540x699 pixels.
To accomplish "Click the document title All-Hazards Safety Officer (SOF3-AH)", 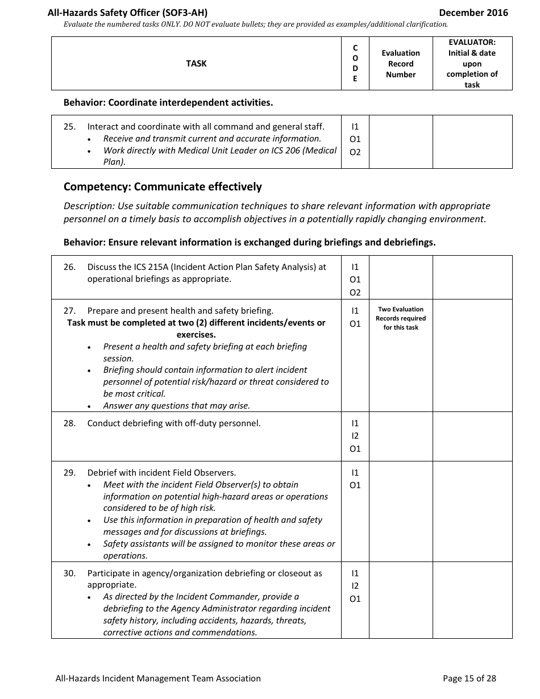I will click(131, 13).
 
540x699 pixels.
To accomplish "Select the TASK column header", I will click(196, 64).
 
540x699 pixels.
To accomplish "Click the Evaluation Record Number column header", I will click(401, 64).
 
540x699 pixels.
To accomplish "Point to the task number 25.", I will click(69, 127).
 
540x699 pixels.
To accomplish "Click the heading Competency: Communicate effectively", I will click(163, 187).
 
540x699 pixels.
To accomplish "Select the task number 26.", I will click(69, 267).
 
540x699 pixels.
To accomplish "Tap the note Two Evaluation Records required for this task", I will click(401, 319).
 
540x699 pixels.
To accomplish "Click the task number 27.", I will click(69, 311).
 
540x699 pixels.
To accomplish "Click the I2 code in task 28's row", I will click(355, 436).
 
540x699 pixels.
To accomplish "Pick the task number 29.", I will click(69, 473).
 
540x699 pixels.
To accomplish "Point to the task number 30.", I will click(69, 573).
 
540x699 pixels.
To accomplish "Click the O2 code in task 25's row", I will click(355, 152).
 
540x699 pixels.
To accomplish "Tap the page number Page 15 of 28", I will click(470, 678).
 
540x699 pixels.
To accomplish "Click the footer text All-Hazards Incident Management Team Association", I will click(158, 678).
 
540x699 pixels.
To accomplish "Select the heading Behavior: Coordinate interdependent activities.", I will click(168, 103).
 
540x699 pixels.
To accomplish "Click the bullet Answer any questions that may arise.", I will click(176, 406).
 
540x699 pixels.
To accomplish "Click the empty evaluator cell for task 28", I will click(472, 436).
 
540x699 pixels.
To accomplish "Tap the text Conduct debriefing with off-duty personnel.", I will click(174, 423).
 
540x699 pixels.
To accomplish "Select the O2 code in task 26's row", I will click(355, 293).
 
